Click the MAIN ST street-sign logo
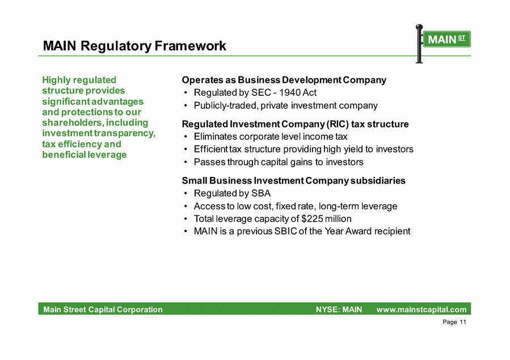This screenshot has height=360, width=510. click(443, 44)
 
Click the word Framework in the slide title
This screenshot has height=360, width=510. click(190, 46)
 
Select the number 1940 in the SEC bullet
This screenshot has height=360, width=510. click(289, 92)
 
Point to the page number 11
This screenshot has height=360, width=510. click(463, 322)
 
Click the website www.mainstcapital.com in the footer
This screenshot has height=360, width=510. click(422, 310)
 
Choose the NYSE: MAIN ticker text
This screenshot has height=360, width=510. click(339, 310)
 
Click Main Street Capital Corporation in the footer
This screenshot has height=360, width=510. click(103, 310)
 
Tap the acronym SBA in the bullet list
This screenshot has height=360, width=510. click(261, 193)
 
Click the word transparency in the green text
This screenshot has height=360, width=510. click(125, 134)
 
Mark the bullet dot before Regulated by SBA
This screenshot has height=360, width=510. click(186, 193)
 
